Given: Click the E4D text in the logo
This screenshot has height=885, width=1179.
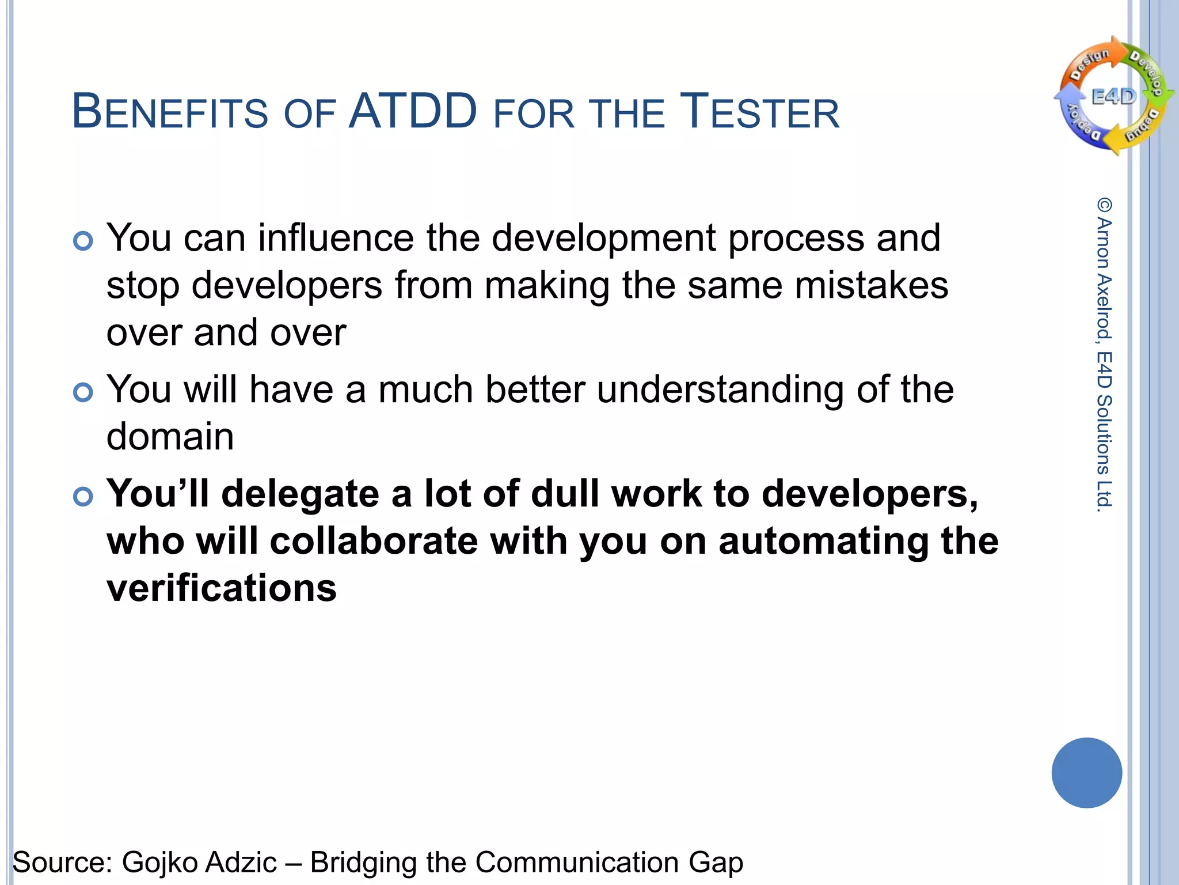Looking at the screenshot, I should (1113, 96).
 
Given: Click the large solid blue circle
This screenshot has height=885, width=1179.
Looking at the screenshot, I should (1086, 773).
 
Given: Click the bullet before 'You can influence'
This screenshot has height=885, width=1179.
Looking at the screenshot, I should (83, 241).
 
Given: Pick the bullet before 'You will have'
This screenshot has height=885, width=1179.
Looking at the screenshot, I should (83, 392).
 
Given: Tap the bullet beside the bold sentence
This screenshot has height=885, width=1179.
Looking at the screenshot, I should (83, 496).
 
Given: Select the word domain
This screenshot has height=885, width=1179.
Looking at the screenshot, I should (170, 436).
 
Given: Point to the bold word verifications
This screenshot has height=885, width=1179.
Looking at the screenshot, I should (222, 588).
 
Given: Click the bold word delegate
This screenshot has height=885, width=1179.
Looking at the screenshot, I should (299, 495).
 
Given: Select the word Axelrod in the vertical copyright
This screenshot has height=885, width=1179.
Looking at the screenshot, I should (1104, 305).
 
